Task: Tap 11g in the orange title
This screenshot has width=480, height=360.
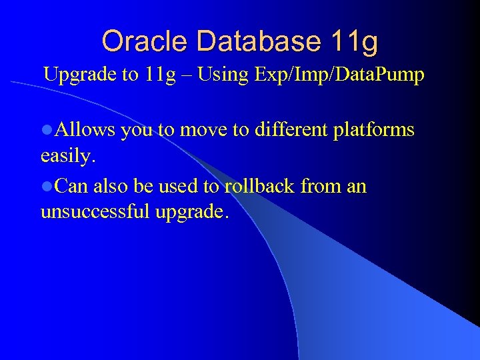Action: coord(354,41)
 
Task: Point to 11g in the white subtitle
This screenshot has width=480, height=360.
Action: coord(157,75)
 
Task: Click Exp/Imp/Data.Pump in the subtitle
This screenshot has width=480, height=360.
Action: coord(339,75)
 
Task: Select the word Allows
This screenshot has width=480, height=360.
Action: coord(85,129)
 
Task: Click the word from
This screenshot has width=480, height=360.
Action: coord(321,186)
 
